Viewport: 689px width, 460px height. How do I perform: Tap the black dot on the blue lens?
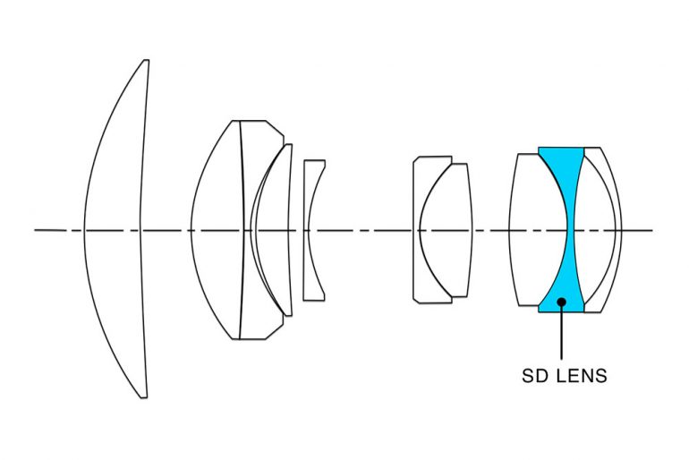pyautogui.click(x=561, y=302)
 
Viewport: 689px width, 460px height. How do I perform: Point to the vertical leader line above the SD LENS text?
pyautogui.click(x=561, y=333)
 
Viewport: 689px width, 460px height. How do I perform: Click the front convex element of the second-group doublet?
pyautogui.click(x=217, y=229)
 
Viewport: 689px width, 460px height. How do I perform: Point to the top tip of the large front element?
pyautogui.click(x=147, y=60)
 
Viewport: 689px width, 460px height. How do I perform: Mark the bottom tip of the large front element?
pyautogui.click(x=144, y=397)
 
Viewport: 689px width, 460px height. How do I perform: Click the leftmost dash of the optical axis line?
pyautogui.click(x=50, y=230)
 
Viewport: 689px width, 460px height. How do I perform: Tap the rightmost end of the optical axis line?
pyautogui.click(x=653, y=230)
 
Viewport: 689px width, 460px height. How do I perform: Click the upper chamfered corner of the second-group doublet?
pyautogui.click(x=275, y=128)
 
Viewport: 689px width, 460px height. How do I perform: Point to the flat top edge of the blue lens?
pyautogui.click(x=561, y=148)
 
